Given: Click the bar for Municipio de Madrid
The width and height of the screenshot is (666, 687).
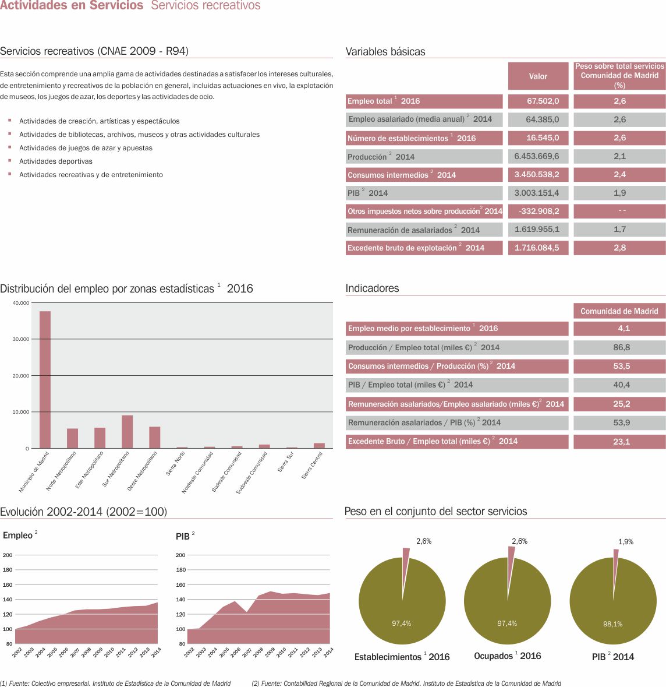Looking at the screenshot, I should (45, 379).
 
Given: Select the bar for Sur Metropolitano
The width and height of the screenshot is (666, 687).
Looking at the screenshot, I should (127, 432).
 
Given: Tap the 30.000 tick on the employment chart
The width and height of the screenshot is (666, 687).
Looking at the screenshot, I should (21, 339).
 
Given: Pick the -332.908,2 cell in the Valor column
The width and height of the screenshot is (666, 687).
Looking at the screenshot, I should (539, 211).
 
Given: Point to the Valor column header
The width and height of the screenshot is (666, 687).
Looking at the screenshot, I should (538, 76).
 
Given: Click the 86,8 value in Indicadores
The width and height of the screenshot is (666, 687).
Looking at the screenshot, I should (621, 347).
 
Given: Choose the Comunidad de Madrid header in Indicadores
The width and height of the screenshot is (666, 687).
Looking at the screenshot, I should (619, 311).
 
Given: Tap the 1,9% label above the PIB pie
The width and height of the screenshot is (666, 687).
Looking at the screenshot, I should (625, 541).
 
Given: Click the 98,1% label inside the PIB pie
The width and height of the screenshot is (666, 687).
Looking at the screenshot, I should (612, 623).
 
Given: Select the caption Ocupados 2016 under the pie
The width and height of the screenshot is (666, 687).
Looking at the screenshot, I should (507, 656).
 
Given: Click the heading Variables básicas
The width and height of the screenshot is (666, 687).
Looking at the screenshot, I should (385, 51).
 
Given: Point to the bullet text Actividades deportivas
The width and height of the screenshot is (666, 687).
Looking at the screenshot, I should (56, 161).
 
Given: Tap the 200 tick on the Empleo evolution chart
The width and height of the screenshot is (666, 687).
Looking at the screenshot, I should (8, 555).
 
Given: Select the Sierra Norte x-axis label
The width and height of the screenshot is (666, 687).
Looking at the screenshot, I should (175, 464).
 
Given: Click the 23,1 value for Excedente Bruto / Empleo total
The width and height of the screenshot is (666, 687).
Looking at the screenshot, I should (621, 442).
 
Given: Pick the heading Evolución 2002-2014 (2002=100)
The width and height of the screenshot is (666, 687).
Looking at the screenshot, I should (83, 512).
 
